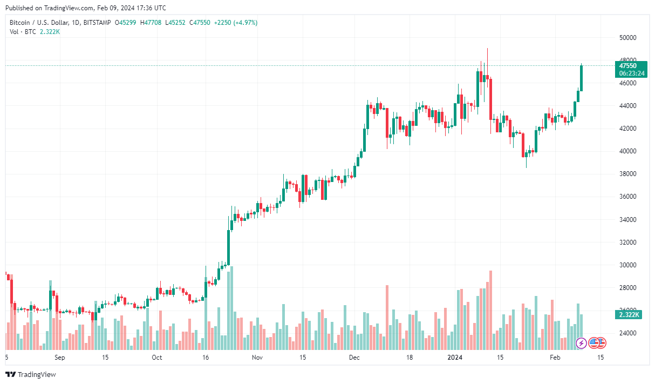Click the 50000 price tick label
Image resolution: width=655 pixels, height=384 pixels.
[x=627, y=38]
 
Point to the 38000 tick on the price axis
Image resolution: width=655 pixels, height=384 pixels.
[x=627, y=174]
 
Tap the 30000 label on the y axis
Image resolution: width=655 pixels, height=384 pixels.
[x=627, y=265]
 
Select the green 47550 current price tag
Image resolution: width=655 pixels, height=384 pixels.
[x=631, y=69]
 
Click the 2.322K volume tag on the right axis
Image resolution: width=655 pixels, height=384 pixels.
[x=629, y=315]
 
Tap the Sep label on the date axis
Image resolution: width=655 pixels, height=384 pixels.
[x=60, y=358]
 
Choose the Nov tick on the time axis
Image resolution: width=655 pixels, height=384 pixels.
[x=257, y=358]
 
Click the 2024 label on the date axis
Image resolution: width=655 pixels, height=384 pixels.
[x=455, y=358]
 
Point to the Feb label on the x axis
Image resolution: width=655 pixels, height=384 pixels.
[x=555, y=358]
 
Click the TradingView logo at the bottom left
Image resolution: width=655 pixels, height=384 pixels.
[x=31, y=374]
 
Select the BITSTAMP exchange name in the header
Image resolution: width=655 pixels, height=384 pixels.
[x=97, y=23]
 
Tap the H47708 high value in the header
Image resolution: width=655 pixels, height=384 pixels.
[x=151, y=23]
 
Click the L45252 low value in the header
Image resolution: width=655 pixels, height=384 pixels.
[x=175, y=23]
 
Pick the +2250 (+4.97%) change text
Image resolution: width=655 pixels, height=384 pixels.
[x=236, y=23]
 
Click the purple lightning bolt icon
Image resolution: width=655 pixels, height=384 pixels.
[x=581, y=343]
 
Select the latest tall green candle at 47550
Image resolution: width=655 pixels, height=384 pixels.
[x=581, y=78]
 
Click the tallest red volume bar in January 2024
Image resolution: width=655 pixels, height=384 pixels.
[x=490, y=310]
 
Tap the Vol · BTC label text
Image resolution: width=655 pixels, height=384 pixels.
[x=23, y=32]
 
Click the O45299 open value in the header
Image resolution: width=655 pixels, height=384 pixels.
[x=126, y=23]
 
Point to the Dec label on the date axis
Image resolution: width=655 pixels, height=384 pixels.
[x=354, y=358]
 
